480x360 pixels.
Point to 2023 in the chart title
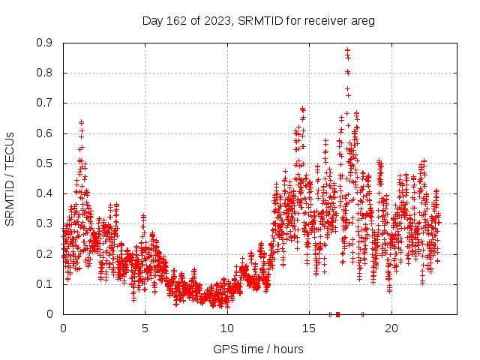217,21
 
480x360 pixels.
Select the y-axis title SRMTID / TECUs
10,178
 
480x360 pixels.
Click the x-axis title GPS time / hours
258,349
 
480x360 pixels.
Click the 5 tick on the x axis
145,328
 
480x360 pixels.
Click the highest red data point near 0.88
347,51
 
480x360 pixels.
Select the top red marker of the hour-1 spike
81,122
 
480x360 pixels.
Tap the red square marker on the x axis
337,314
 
